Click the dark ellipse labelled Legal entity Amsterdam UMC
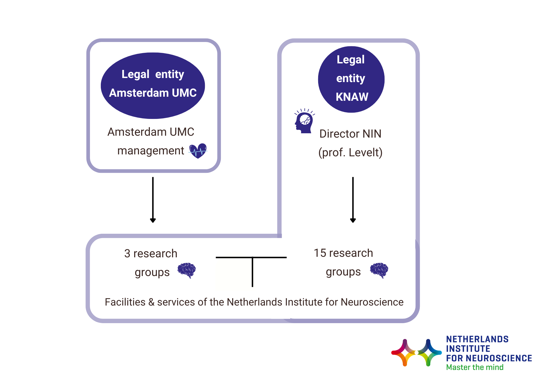pos(153,86)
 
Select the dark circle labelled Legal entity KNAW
pos(351,79)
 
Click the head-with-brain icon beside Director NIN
pos(304,121)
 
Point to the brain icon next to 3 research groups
pos(186,270)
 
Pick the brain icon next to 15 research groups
pos(379,270)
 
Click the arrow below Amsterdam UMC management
pos(153,200)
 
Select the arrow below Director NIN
pos(353,200)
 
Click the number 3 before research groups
pos(127,254)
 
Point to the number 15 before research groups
pos(320,253)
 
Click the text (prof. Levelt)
pos(350,152)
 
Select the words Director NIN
pos(350,134)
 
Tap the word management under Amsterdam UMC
pos(151,151)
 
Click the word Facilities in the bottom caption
pos(125,302)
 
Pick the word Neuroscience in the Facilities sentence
pos(372,302)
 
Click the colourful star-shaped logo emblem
pos(417,353)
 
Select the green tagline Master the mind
pos(475,367)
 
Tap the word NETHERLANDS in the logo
pos(477,339)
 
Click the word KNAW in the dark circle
pos(352,97)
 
